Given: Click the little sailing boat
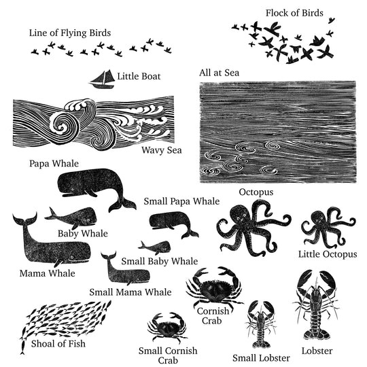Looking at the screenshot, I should [x=101, y=79].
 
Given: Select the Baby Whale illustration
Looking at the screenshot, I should [x=73, y=218].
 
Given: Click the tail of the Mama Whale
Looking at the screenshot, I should [x=24, y=222].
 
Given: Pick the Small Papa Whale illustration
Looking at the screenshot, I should [x=170, y=222].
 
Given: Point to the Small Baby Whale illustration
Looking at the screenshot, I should [x=155, y=247].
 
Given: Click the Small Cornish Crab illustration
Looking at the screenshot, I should [x=167, y=330].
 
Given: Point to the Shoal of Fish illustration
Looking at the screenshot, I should [x=65, y=319].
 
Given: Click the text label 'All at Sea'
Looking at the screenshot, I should [x=219, y=72].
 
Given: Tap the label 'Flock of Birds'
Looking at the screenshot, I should [x=294, y=12].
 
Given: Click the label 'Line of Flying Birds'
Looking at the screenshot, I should [x=70, y=33].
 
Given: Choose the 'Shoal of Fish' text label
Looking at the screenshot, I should [x=58, y=343].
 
